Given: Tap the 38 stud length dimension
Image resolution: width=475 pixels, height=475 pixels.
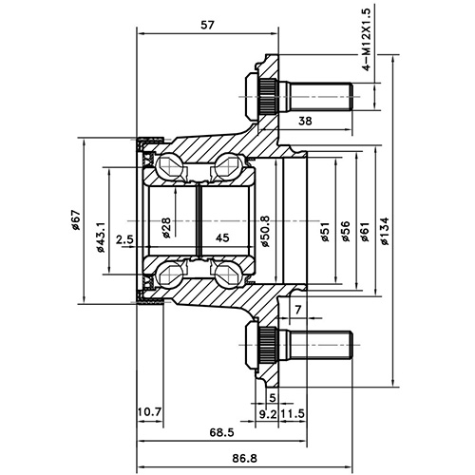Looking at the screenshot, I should (305, 121).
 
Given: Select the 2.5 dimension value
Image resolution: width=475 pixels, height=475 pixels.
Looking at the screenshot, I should (123, 238).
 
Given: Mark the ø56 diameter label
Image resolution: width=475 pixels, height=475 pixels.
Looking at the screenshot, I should (346, 232).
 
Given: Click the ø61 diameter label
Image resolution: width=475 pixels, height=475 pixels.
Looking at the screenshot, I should (365, 232).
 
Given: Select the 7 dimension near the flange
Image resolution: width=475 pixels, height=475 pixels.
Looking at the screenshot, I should (297, 310).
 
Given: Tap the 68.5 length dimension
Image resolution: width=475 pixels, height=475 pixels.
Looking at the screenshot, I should (222, 432).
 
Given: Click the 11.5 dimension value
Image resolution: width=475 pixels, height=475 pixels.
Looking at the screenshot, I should (294, 413).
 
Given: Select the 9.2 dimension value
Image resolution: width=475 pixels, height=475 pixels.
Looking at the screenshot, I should (267, 413).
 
